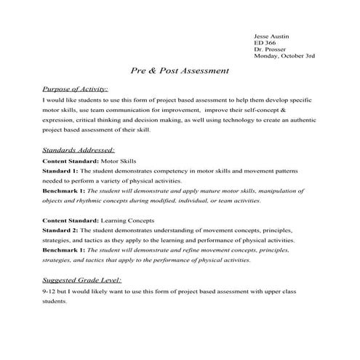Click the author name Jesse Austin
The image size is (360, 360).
click(x=271, y=34)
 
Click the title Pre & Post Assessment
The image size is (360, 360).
click(x=180, y=71)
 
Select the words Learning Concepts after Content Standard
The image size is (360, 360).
click(x=129, y=220)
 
